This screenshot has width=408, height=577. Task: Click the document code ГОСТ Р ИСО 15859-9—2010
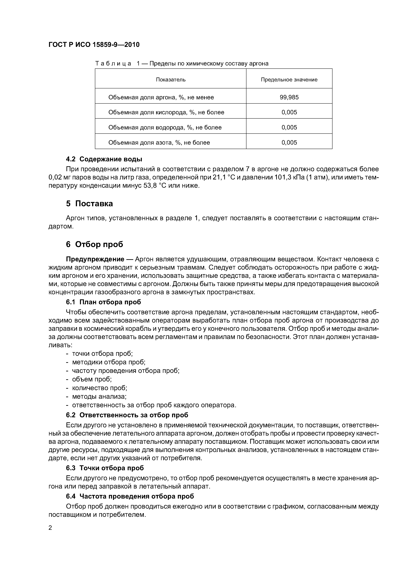pyautogui.click(x=94, y=45)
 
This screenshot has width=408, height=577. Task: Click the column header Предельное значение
pyautogui.click(x=289, y=80)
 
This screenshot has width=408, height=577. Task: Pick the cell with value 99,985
pyautogui.click(x=289, y=97)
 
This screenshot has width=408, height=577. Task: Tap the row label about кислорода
pyautogui.click(x=166, y=112)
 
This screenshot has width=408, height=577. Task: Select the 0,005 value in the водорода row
pyautogui.click(x=289, y=127)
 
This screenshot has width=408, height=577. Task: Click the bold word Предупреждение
pyautogui.click(x=95, y=259)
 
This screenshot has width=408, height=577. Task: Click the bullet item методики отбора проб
pyautogui.click(x=109, y=362)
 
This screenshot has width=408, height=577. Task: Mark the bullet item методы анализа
pyautogui.click(x=99, y=396)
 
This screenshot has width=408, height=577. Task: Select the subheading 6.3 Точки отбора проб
pyautogui.click(x=105, y=468)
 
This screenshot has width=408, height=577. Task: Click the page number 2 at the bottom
pyautogui.click(x=50, y=528)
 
